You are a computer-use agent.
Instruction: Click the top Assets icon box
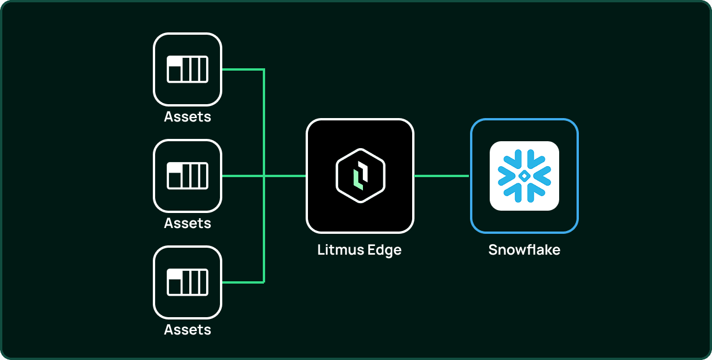[x=188, y=69]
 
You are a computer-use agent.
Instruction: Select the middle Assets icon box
[x=188, y=176]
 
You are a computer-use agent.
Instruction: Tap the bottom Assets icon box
[x=188, y=282]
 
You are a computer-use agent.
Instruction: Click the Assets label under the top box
[x=188, y=117]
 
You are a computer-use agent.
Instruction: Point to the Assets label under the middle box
[x=188, y=223]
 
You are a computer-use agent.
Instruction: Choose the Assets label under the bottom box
[x=188, y=330]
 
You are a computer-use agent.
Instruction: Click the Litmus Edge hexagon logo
[x=361, y=176]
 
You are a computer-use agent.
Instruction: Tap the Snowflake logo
[x=524, y=176]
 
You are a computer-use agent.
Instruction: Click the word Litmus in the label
[x=341, y=250]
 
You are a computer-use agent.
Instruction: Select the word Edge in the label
[x=384, y=251]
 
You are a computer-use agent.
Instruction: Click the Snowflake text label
[x=524, y=250]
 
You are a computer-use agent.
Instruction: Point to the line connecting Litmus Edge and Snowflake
[x=442, y=176]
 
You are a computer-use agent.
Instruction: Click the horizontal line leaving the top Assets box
[x=243, y=69]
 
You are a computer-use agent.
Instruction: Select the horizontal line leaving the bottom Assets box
[x=243, y=282]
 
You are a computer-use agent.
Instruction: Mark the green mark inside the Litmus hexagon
[x=358, y=179]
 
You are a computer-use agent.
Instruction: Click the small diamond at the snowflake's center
[x=524, y=176]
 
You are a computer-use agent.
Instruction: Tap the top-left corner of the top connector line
[x=264, y=69]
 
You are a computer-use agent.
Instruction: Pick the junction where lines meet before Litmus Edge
[x=264, y=176]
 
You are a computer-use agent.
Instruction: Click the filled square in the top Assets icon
[x=174, y=74]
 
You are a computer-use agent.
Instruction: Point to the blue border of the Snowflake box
[x=471, y=176]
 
